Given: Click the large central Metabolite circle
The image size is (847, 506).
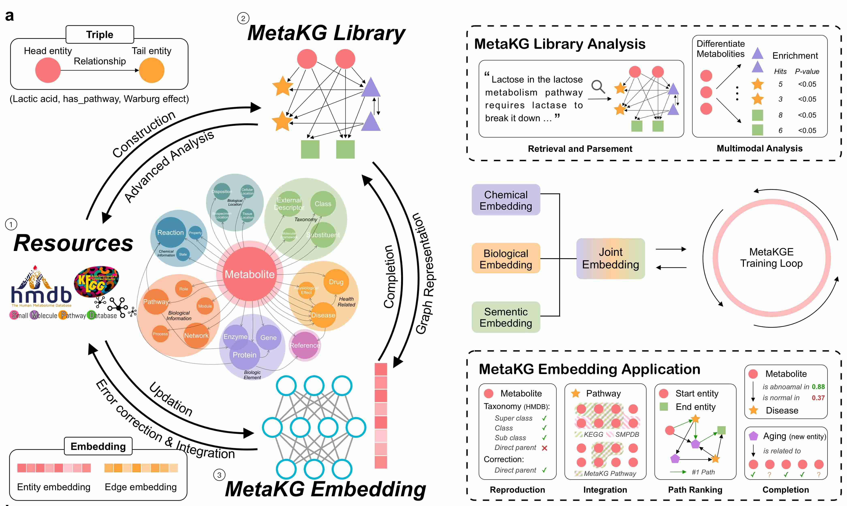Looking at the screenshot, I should [249, 274].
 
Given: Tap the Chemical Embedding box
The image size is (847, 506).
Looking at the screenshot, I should [506, 200].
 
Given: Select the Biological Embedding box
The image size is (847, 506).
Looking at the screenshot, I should [506, 259].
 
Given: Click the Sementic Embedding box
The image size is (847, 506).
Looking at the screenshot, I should [506, 317].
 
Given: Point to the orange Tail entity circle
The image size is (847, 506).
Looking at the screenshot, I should [152, 70].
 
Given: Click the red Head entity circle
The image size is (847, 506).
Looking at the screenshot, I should [48, 70].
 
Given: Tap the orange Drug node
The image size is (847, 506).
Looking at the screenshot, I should [336, 282].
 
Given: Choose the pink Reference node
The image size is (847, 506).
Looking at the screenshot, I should [304, 345].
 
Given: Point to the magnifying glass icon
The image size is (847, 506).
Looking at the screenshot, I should [598, 87].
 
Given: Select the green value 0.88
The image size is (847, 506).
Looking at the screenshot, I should [818, 387].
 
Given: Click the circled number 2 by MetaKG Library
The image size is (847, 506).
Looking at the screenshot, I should [243, 18].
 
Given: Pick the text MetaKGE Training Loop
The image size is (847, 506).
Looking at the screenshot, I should [771, 258].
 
